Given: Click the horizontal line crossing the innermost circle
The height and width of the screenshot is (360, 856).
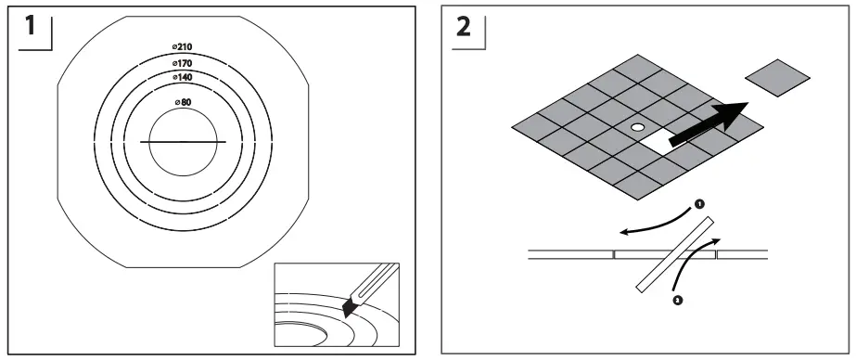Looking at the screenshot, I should (x=183, y=141).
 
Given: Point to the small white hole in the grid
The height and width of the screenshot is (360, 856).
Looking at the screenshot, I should (x=637, y=126).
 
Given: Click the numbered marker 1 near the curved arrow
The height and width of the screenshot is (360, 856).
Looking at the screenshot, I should (x=698, y=201).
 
